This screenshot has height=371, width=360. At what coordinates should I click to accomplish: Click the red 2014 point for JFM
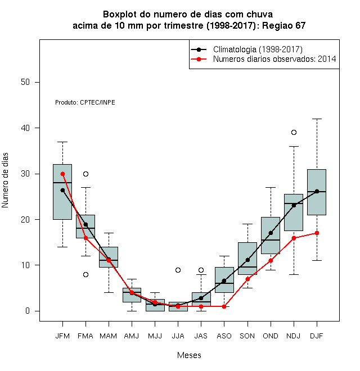pyautogui.click(x=62, y=174)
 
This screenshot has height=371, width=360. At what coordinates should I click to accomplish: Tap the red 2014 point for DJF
pyautogui.click(x=317, y=233)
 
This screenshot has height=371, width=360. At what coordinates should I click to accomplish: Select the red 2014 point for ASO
pyautogui.click(x=224, y=306)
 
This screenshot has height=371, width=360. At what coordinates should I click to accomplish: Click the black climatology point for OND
pyautogui.click(x=271, y=233)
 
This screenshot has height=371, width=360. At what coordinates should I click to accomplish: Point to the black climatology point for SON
pyautogui.click(x=247, y=260)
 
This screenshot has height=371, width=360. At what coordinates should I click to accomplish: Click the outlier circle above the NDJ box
pyautogui.click(x=294, y=132)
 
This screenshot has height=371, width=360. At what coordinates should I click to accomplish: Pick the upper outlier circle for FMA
pyautogui.click(x=85, y=174)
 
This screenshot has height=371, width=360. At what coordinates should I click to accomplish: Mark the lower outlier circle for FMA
pyautogui.click(x=85, y=274)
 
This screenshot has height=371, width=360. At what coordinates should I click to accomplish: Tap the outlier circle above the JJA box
pyautogui.click(x=178, y=270)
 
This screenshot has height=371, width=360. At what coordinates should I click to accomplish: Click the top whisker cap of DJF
pyautogui.click(x=317, y=119)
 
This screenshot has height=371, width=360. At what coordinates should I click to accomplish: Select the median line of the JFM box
pyautogui.click(x=62, y=183)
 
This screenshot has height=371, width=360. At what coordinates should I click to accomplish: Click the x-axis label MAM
pyautogui.click(x=108, y=336)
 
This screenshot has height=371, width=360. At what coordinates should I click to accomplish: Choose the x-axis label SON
pyautogui.click(x=247, y=336)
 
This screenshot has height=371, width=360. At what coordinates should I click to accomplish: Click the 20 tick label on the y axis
pyautogui.click(x=25, y=220)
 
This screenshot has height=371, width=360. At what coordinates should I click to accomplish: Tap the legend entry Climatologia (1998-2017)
pyautogui.click(x=258, y=49)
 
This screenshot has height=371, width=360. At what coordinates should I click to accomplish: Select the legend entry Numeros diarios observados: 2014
pyautogui.click(x=274, y=59)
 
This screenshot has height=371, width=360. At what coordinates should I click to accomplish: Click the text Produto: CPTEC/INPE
pyautogui.click(x=85, y=102)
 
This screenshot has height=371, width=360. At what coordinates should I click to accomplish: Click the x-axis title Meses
pyautogui.click(x=189, y=355)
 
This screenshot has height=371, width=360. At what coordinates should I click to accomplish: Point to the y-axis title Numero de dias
pyautogui.click(x=5, y=180)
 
